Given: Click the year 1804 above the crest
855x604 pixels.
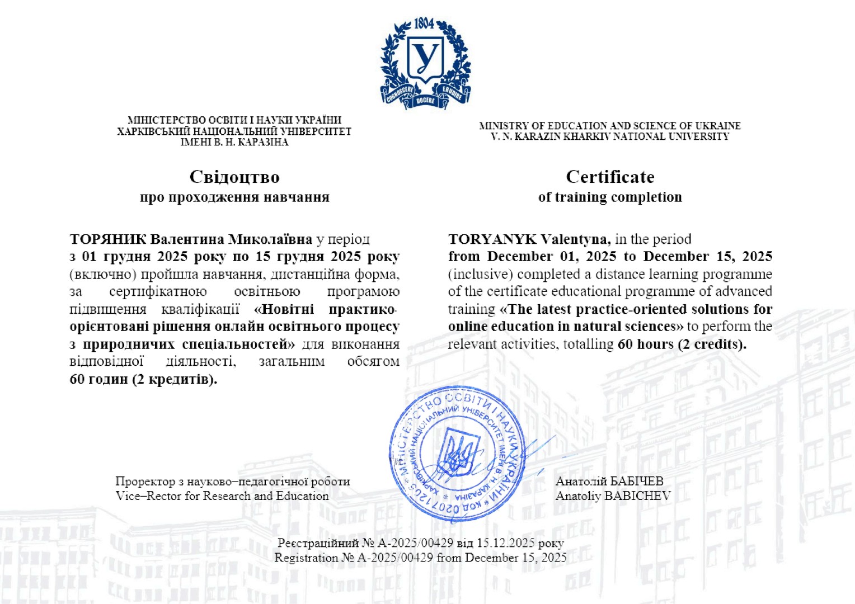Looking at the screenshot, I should pyautogui.click(x=424, y=23).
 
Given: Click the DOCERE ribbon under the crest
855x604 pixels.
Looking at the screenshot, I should pyautogui.click(x=425, y=101).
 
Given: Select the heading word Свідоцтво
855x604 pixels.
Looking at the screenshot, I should pyautogui.click(x=234, y=177).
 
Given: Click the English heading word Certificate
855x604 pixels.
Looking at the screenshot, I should pyautogui.click(x=610, y=177).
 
